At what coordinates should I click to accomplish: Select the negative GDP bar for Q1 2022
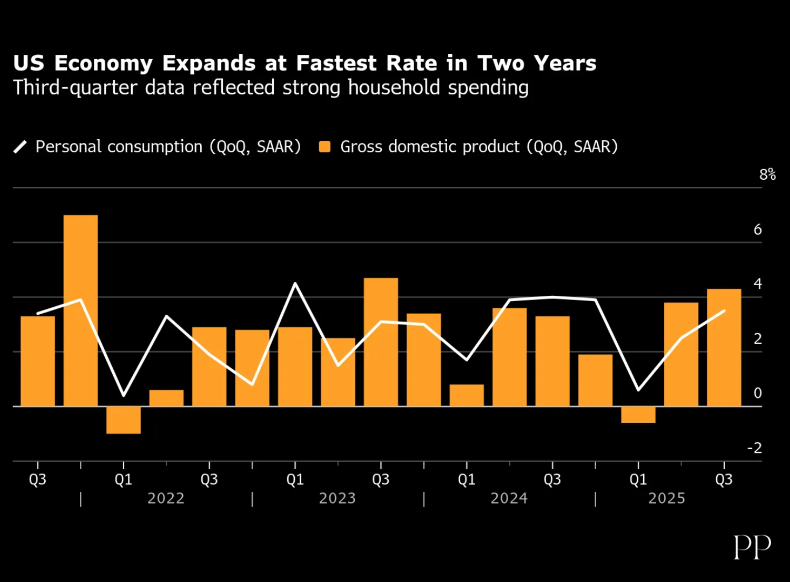[123, 420]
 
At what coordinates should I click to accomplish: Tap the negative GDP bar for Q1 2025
[638, 415]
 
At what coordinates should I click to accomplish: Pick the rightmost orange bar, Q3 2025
[724, 347]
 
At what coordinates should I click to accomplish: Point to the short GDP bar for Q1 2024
[467, 395]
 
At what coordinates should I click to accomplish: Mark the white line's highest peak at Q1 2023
[295, 284]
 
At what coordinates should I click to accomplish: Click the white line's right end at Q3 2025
[725, 311]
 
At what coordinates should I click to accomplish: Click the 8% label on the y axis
[767, 174]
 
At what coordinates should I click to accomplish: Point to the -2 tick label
[755, 448]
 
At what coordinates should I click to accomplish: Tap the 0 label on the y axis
[758, 393]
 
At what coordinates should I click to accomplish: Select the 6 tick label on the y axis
[758, 230]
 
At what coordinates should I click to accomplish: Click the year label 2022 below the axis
[166, 499]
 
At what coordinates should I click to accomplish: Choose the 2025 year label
[667, 499]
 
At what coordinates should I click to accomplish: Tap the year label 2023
[338, 499]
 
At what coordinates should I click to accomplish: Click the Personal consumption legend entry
[167, 147]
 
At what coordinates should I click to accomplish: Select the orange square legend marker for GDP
[325, 147]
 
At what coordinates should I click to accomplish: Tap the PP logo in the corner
[752, 547]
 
